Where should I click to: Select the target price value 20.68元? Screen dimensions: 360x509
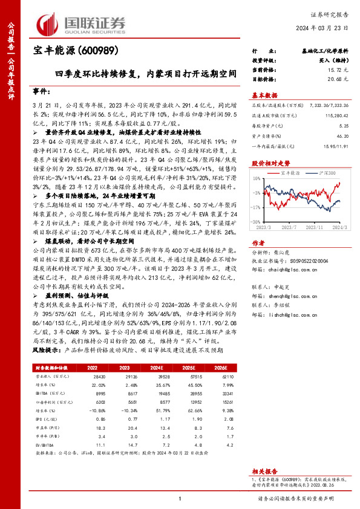tap(327, 79)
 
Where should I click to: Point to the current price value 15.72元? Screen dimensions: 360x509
tap(327, 70)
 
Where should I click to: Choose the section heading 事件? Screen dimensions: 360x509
tap(42, 90)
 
